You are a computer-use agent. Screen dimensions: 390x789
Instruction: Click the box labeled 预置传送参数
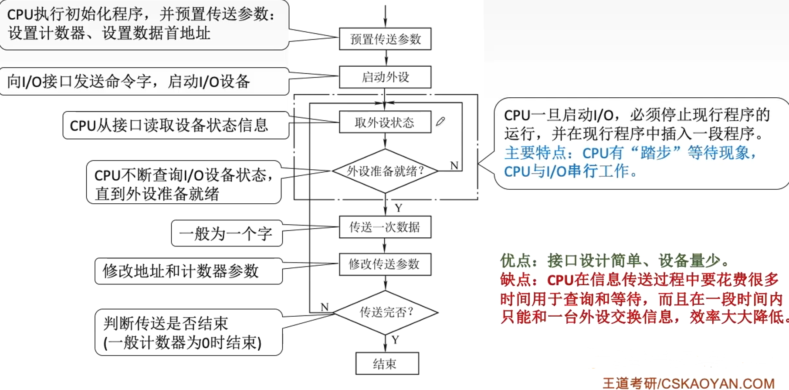pyautogui.click(x=385, y=39)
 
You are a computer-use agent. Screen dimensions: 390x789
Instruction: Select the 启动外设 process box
pyautogui.click(x=385, y=77)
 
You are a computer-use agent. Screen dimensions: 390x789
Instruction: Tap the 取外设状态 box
pyautogui.click(x=385, y=123)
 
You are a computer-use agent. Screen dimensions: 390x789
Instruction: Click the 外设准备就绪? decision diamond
pyautogui.click(x=385, y=171)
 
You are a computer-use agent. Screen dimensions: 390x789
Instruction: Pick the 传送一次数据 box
pyautogui.click(x=385, y=227)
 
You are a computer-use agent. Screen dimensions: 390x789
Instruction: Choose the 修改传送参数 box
pyautogui.click(x=385, y=264)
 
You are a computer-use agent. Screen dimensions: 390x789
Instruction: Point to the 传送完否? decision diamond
pyautogui.click(x=386, y=312)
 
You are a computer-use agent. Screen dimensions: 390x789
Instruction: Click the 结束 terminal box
pyautogui.click(x=387, y=363)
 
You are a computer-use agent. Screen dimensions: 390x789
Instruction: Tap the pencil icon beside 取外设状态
pyautogui.click(x=440, y=121)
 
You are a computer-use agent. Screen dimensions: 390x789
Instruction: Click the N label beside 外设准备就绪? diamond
pyautogui.click(x=454, y=166)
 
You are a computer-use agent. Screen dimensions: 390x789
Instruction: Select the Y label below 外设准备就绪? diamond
pyautogui.click(x=398, y=208)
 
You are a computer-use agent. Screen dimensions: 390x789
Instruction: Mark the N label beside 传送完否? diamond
pyautogui.click(x=325, y=307)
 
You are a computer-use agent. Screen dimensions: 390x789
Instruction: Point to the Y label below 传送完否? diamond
pyautogui.click(x=395, y=340)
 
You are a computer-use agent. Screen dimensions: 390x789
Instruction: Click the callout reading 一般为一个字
pyautogui.click(x=226, y=234)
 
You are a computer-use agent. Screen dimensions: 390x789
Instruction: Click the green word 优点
pyautogui.click(x=515, y=261)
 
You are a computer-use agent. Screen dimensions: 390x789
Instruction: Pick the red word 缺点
pyautogui.click(x=515, y=280)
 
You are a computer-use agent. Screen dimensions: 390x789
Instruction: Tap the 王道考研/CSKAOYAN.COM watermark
pyautogui.click(x=688, y=383)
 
